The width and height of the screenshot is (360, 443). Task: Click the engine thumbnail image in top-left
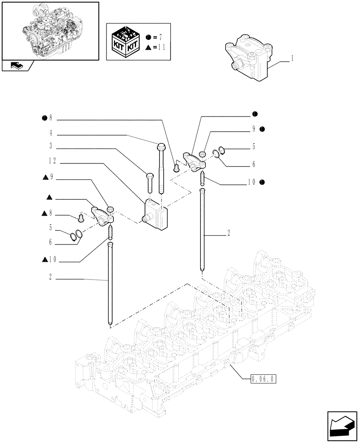(50, 30)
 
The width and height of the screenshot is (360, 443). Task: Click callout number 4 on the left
(51, 132)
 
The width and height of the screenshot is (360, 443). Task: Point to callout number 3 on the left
(51, 146)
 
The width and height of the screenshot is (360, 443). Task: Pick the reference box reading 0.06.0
(263, 379)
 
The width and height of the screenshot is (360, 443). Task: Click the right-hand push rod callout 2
(228, 232)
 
